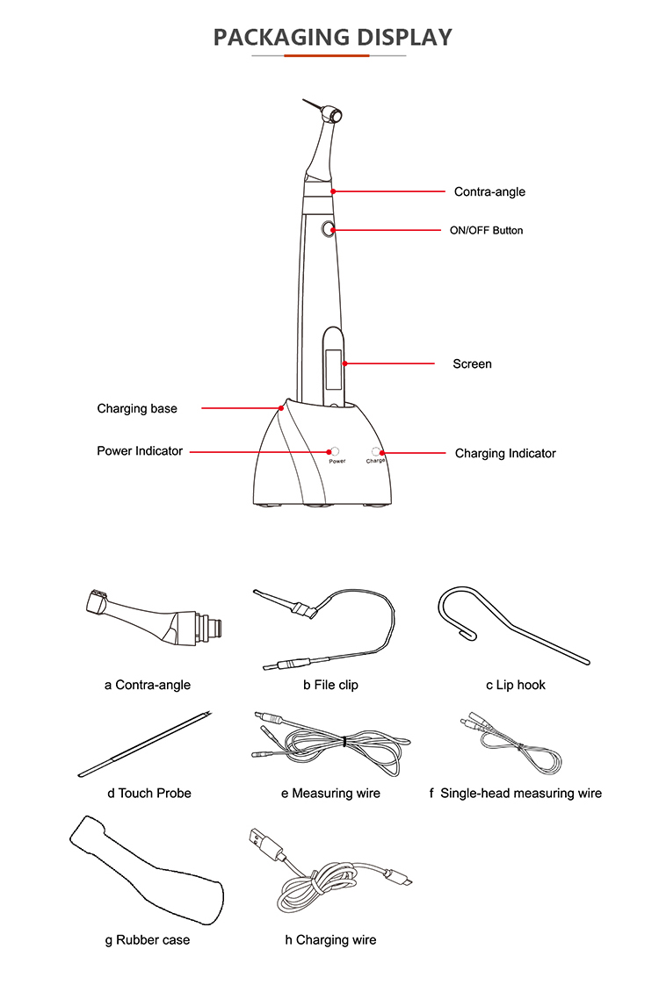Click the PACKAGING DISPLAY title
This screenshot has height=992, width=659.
click(332, 38)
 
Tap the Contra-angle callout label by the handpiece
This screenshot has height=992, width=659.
click(489, 191)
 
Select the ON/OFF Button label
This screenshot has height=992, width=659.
click(486, 230)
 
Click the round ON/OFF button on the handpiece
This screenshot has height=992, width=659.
click(329, 229)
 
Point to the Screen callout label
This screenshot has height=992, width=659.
click(472, 363)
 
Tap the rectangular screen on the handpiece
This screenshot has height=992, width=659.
click(333, 370)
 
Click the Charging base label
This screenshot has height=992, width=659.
click(137, 409)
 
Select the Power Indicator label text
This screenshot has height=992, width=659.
click(140, 451)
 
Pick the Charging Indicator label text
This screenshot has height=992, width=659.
click(505, 453)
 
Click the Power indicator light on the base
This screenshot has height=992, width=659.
click(334, 451)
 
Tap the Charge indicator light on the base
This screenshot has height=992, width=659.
click(375, 452)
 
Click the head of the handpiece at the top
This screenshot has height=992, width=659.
click(332, 115)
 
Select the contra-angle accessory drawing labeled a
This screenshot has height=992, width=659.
click(155, 618)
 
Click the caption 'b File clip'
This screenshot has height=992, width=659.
click(330, 685)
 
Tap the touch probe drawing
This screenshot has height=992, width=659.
click(144, 744)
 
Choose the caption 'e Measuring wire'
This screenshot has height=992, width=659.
click(330, 794)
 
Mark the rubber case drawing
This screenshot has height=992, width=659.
click(147, 872)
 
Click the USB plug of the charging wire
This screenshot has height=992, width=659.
click(264, 842)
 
